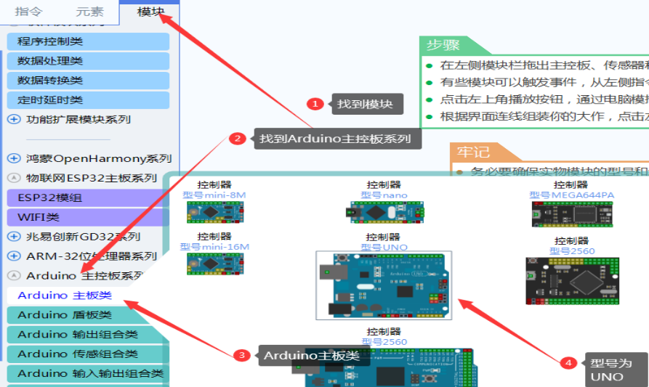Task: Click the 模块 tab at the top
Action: coord(151,12)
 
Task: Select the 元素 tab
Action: coord(89,12)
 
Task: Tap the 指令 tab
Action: coord(28,12)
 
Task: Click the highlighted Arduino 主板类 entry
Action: coord(65,296)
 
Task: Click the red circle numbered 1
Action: coord(315,104)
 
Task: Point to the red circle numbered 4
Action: coord(569,362)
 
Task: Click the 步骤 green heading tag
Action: coord(443,45)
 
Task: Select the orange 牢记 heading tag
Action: coord(473,152)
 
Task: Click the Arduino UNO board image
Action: coord(383,285)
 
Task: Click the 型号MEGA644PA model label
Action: coord(571,195)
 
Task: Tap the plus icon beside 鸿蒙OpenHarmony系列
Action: coord(14,158)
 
